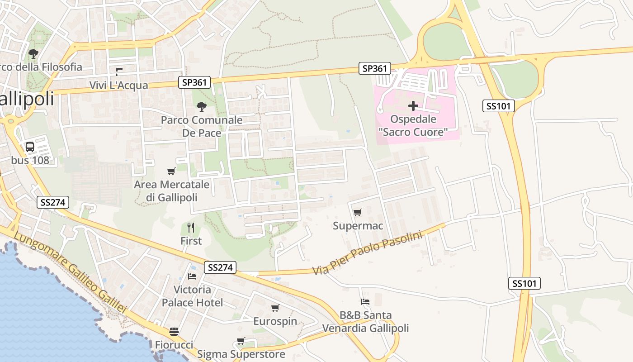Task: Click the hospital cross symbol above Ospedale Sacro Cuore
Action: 413,106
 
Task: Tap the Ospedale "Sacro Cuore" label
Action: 413,125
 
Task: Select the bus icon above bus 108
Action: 30,147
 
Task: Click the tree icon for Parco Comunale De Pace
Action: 202,107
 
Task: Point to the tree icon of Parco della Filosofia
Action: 33,54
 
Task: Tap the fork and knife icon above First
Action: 191,227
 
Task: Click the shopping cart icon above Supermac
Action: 358,212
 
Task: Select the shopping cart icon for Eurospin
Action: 275,308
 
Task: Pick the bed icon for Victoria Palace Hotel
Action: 192,276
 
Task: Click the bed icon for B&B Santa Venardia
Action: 365,301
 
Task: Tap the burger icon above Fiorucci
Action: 174,332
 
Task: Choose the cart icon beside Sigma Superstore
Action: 241,341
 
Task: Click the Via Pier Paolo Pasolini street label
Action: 367,253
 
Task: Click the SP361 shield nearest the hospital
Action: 375,68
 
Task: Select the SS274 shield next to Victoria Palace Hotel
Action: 220,267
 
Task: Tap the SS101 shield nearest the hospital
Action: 499,106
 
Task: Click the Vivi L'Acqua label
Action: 118,86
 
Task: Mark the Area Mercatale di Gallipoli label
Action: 171,191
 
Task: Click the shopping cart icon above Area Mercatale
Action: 171,171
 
